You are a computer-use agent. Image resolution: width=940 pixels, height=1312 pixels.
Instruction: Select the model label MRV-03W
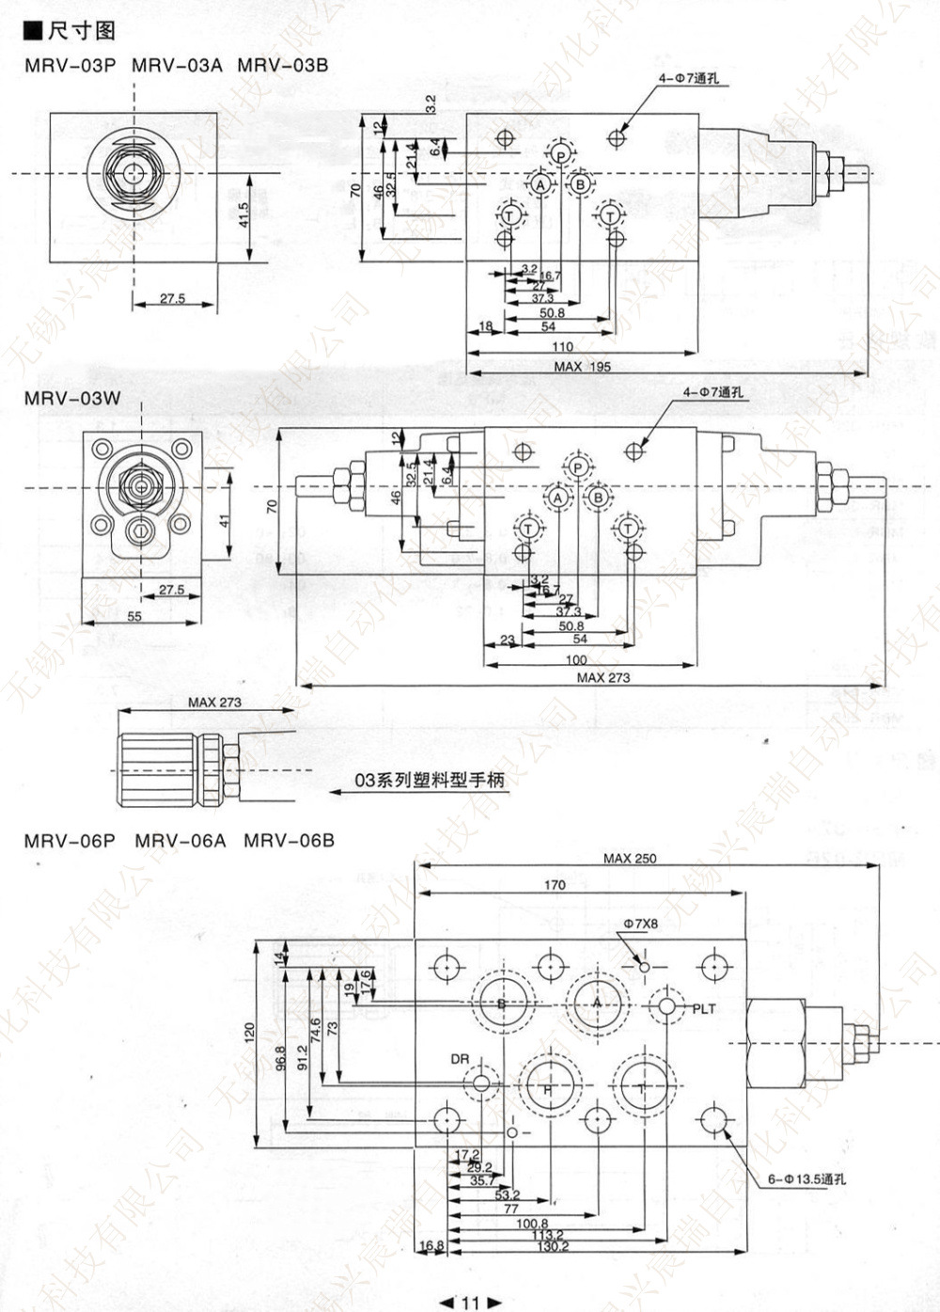tap(72, 398)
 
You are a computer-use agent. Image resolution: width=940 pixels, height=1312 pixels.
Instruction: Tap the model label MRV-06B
tap(289, 840)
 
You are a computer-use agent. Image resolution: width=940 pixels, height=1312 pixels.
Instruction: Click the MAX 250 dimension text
tap(630, 858)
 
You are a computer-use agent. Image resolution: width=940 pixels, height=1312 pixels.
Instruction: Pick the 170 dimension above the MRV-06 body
tap(555, 885)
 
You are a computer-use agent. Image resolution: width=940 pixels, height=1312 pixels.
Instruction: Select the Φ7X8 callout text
tap(639, 925)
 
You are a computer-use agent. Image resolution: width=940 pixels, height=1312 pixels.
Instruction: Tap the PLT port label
tap(704, 1009)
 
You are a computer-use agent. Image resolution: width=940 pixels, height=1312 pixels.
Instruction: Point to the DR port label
tap(459, 1059)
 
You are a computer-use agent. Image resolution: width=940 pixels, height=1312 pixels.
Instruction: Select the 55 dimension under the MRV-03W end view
tap(133, 616)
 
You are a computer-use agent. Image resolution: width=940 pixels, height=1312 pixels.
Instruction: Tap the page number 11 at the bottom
tap(470, 1303)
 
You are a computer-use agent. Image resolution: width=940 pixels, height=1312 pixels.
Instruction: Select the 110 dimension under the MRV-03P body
tap(562, 347)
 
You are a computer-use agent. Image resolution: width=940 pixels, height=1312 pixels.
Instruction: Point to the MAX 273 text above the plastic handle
tap(214, 702)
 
